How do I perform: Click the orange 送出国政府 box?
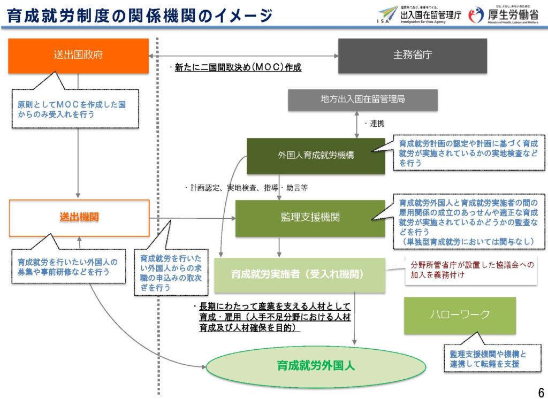pos(78,56)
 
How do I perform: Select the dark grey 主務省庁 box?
pos(412,56)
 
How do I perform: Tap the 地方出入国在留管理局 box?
pos(363,100)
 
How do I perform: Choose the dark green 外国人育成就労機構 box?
pos(316,156)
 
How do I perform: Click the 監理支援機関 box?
pos(310,218)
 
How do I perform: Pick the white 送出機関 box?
pos(79,218)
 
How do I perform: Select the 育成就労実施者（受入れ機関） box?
pos(299,275)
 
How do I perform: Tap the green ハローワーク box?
pos(460,315)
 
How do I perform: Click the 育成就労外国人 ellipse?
pos(316,366)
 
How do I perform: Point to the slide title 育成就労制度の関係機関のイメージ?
pos(140,16)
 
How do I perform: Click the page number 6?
pos(538,389)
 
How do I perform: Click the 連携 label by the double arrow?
pos(376,124)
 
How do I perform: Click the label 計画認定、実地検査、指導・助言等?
pos(246,188)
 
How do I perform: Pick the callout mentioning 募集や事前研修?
pos(67,267)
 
